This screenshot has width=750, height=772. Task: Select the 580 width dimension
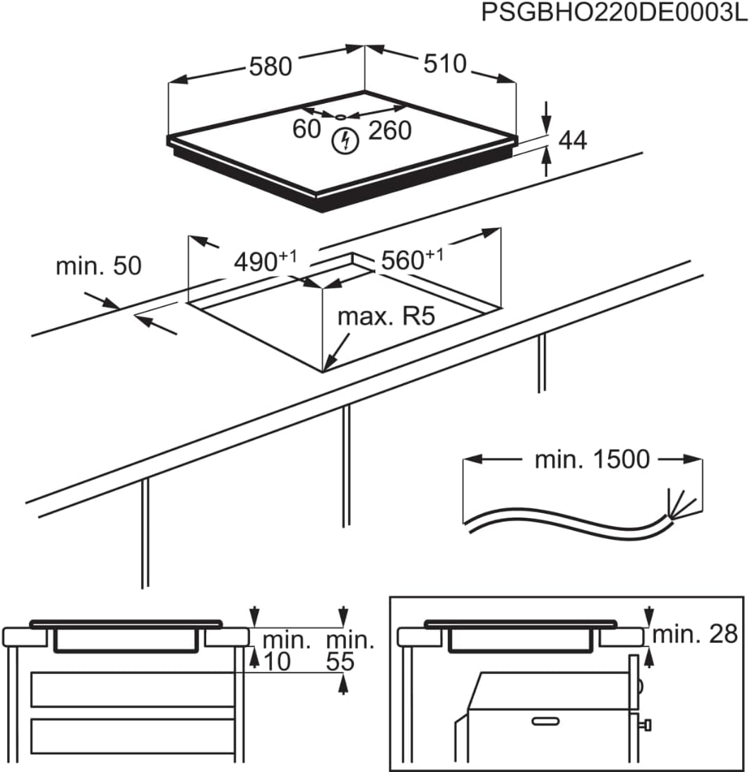pos(270,66)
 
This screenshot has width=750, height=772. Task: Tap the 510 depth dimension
pos(445,64)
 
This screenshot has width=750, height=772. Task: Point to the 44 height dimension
pos(572,140)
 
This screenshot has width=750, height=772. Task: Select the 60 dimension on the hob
pos(307,130)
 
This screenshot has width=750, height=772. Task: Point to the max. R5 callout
pos(385,317)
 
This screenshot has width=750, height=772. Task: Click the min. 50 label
pos(99,266)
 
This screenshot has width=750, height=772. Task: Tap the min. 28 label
pos(694,634)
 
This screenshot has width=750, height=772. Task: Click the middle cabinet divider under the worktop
pos(345,466)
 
